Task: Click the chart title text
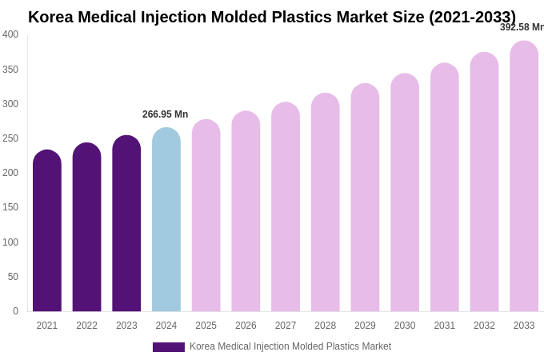point(272,17)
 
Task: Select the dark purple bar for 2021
point(47,232)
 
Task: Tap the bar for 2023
point(126,224)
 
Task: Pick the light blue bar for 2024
point(166,220)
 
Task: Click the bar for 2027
point(286,208)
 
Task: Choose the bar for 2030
point(405,194)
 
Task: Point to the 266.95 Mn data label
point(165,114)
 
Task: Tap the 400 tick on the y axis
point(10,34)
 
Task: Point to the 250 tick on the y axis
point(10,138)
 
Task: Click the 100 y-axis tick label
point(10,242)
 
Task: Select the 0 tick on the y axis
point(15,311)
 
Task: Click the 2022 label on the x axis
point(86,326)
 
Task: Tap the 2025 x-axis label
point(206,326)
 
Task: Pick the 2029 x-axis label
point(365,326)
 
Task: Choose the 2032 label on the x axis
point(484,326)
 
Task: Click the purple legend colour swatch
point(169,347)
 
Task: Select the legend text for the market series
point(290,346)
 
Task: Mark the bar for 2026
point(246,212)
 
